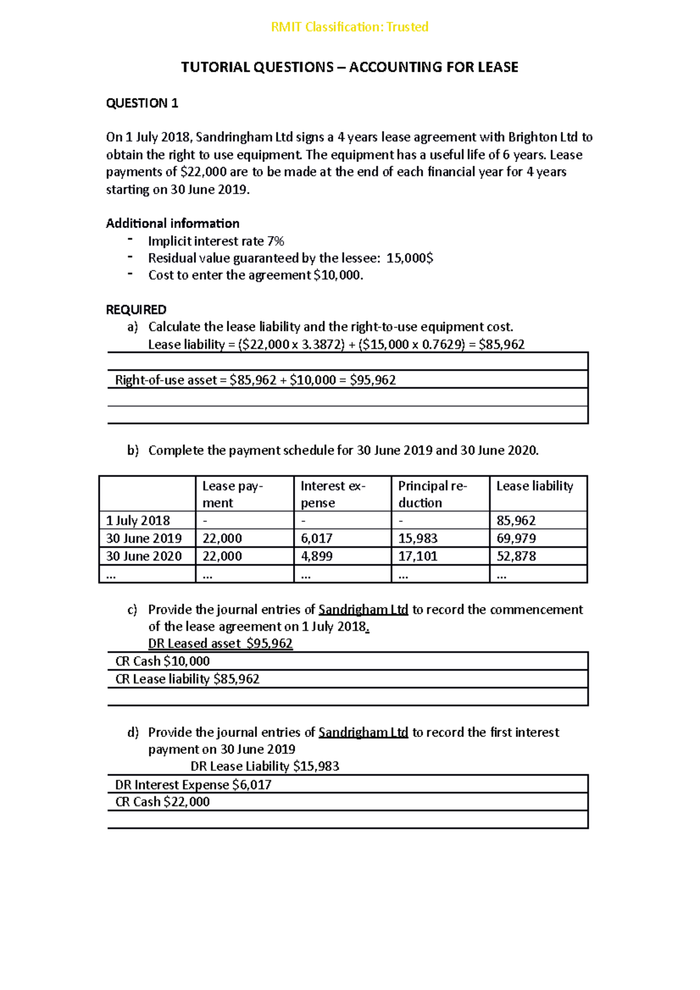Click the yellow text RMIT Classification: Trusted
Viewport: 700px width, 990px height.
(349, 27)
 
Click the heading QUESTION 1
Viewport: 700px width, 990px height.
(142, 103)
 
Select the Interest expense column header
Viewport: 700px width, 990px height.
(333, 494)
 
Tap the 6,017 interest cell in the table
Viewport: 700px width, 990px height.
(317, 538)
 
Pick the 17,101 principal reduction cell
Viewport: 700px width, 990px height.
(418, 556)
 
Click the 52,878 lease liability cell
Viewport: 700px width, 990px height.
(516, 556)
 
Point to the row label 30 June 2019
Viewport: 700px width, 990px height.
(144, 538)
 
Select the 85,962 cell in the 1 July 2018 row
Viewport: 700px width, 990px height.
(516, 520)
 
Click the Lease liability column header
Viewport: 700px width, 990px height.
(535, 486)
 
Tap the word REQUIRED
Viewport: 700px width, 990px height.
(136, 310)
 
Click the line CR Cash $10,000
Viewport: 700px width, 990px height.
(162, 661)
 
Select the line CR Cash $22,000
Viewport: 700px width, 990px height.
(162, 802)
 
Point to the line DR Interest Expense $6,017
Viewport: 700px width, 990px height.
(193, 785)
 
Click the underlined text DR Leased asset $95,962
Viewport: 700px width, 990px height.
(220, 644)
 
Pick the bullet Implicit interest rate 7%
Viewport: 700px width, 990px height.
(216, 241)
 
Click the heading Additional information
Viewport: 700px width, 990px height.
(173, 223)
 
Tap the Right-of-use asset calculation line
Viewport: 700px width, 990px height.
(256, 380)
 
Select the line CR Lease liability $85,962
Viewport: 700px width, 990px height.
(187, 679)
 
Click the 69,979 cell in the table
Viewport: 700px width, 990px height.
(516, 538)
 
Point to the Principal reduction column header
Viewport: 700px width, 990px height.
(432, 494)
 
